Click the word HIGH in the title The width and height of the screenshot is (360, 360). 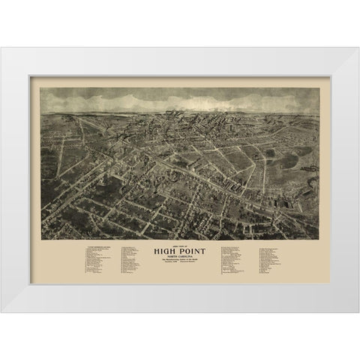pyautogui.click(x=166, y=253)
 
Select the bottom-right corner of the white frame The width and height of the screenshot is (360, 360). pyautogui.click(x=357, y=310)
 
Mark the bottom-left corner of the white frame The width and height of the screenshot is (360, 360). pyautogui.click(x=2, y=310)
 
